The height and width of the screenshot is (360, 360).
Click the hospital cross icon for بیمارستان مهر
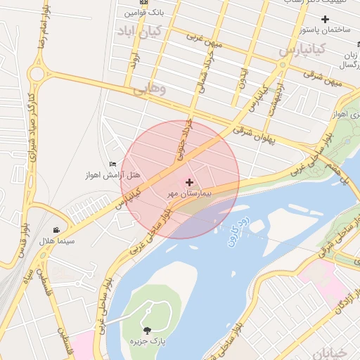(x=188, y=181)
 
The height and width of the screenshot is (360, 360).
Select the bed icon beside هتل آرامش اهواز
(x=112, y=165)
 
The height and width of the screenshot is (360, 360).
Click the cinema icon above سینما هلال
(x=56, y=230)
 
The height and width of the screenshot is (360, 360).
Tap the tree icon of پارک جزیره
(x=147, y=330)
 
